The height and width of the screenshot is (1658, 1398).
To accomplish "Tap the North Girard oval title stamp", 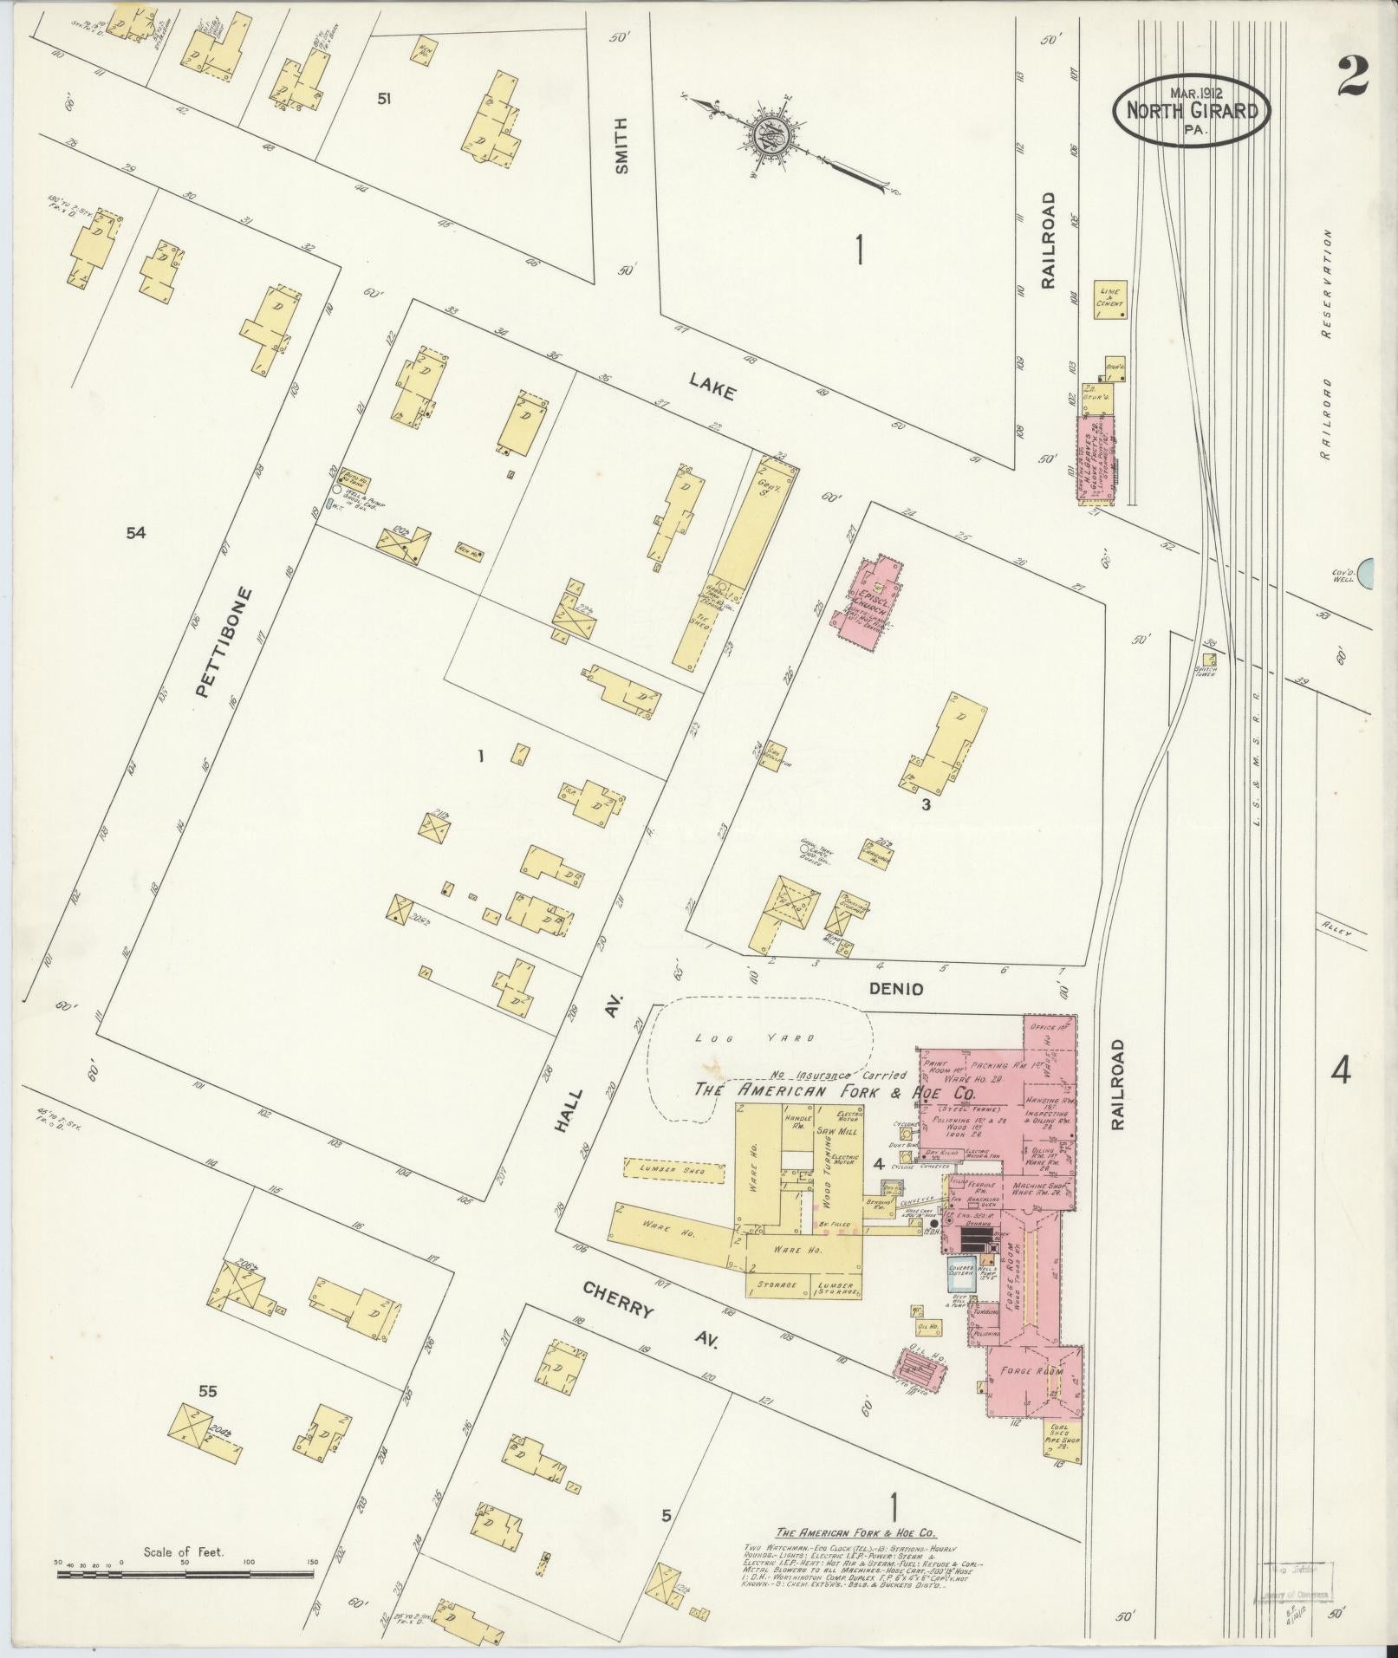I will click(x=1191, y=109).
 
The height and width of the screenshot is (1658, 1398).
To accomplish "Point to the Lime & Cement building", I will click(x=1109, y=298).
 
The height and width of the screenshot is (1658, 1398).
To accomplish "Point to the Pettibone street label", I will click(x=211, y=642).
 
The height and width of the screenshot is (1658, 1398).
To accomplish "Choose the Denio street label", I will click(x=897, y=989).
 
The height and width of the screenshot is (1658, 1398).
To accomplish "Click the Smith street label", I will click(x=621, y=146).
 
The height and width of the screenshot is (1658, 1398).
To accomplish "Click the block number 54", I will click(x=135, y=532).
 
